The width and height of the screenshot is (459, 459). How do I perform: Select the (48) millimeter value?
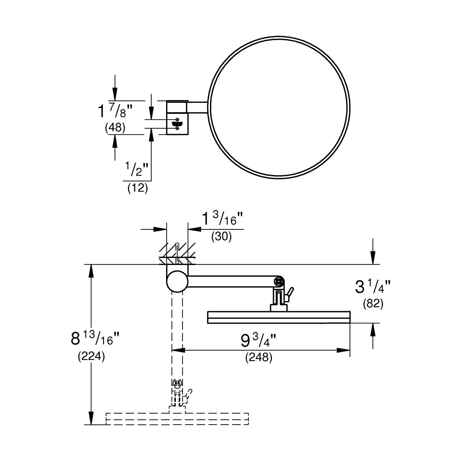[x=115, y=127]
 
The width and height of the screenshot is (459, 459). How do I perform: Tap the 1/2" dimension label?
[x=136, y=170]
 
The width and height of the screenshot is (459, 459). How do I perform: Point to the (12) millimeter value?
[x=137, y=188]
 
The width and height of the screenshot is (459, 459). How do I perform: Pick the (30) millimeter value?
[x=221, y=236]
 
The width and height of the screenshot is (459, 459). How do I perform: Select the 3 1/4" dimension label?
[x=372, y=287]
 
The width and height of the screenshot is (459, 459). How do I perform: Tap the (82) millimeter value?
[x=373, y=304]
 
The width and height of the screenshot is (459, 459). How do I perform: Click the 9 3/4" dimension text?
[x=259, y=341]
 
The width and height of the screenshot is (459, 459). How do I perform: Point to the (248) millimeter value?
[x=259, y=357]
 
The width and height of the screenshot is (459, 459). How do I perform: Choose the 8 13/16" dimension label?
[x=95, y=339]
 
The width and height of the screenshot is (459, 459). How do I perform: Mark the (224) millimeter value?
[x=91, y=356]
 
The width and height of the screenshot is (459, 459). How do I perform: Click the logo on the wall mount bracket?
[x=177, y=124]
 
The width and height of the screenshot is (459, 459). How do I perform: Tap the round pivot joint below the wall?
[x=177, y=281]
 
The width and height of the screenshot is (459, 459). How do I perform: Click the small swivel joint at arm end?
[x=279, y=281]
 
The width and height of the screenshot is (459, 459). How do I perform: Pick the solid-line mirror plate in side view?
[x=278, y=317]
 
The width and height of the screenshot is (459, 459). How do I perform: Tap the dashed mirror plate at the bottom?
[x=177, y=419]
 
